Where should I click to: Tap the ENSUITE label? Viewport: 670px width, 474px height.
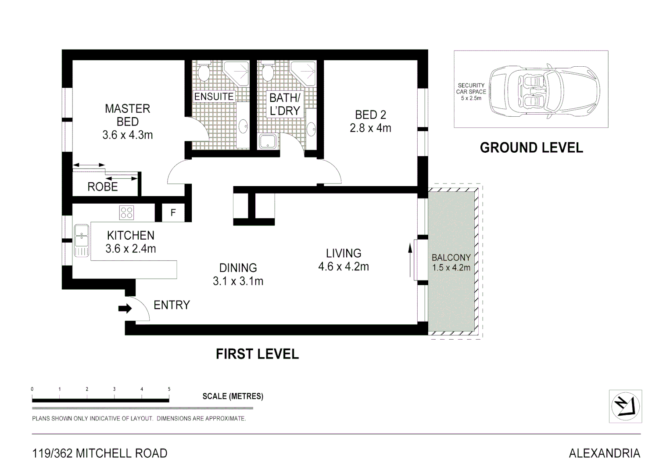tap(214, 97)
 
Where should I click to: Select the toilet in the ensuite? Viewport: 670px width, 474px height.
tap(204, 71)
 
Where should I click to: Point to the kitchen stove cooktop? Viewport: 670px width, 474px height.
tap(126, 213)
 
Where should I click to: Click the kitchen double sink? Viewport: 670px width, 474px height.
tap(82, 241)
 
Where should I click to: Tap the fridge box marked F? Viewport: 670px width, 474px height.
tap(173, 213)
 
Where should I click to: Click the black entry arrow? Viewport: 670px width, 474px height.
tap(125, 309)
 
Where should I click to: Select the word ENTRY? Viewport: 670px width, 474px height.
tap(172, 305)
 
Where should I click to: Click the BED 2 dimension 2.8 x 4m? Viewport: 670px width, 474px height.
tap(370, 128)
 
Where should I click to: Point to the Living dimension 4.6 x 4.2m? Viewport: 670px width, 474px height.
tap(344, 266)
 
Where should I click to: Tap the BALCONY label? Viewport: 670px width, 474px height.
tap(451, 257)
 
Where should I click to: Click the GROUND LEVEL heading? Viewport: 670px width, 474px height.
tap(531, 148)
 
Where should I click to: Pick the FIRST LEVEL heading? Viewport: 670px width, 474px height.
tap(257, 354)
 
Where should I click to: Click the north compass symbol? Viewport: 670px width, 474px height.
tap(625, 406)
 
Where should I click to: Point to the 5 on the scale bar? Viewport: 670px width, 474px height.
tap(169, 389)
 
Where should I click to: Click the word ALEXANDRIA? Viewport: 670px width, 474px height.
tap(605, 453)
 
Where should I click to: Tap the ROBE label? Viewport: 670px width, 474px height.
tap(103, 187)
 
